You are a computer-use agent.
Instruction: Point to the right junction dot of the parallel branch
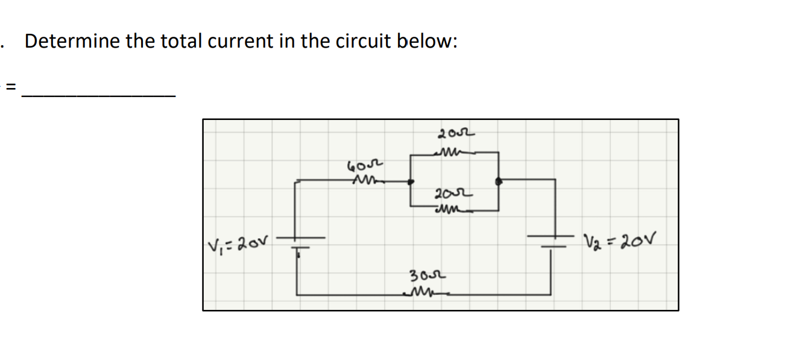click(x=498, y=180)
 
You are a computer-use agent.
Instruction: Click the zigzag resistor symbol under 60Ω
click(x=365, y=178)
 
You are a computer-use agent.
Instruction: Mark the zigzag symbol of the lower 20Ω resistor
click(x=452, y=209)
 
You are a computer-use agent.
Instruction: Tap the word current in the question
click(x=240, y=42)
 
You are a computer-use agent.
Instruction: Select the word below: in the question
click(x=428, y=42)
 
